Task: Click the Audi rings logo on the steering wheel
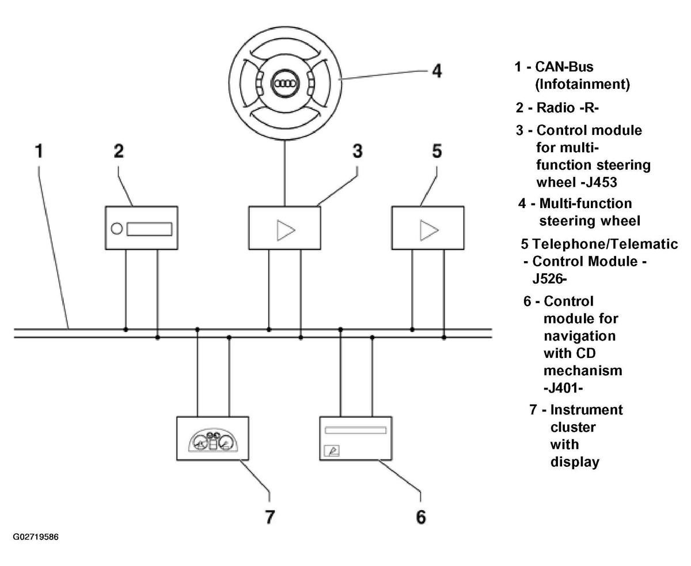284,84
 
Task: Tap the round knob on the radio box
117,229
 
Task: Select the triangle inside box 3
286,231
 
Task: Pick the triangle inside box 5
429,231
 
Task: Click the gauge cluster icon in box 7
213,440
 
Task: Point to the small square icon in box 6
331,451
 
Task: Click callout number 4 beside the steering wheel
436,71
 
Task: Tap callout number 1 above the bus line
39,151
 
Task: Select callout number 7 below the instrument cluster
269,517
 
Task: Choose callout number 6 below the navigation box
421,517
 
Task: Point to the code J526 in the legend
548,279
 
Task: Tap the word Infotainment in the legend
582,84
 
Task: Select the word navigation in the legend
579,336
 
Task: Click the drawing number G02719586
35,537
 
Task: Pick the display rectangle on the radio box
149,229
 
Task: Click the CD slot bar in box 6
355,430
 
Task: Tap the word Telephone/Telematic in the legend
605,244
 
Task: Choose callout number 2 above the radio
119,151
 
